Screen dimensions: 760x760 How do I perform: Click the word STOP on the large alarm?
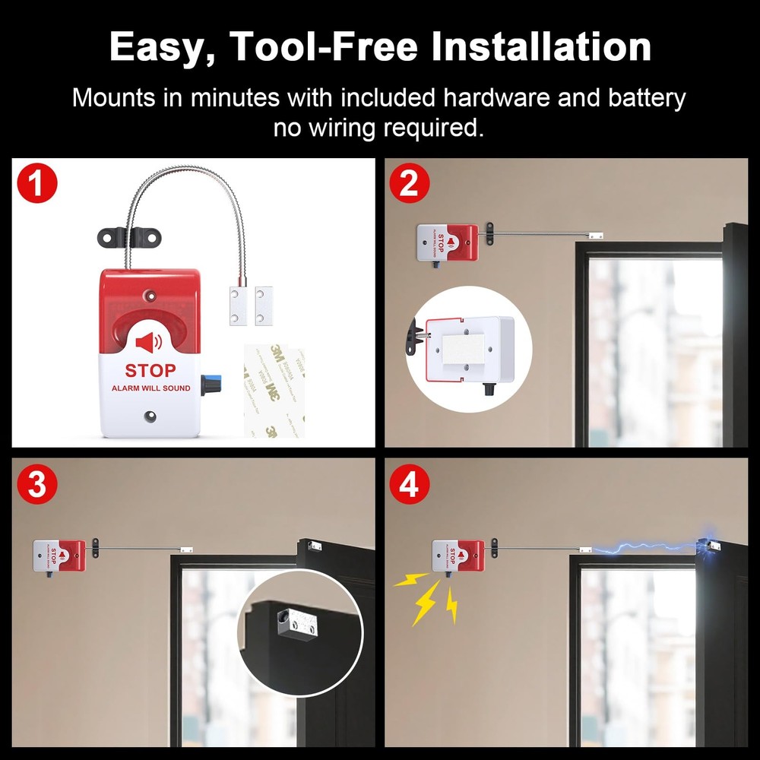click(x=150, y=371)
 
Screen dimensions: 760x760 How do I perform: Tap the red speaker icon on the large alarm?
click(x=149, y=343)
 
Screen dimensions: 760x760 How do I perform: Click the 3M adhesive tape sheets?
click(x=274, y=391)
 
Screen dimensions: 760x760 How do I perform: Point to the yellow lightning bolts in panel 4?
click(x=429, y=597)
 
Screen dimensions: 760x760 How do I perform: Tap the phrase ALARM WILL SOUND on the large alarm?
click(x=150, y=388)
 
